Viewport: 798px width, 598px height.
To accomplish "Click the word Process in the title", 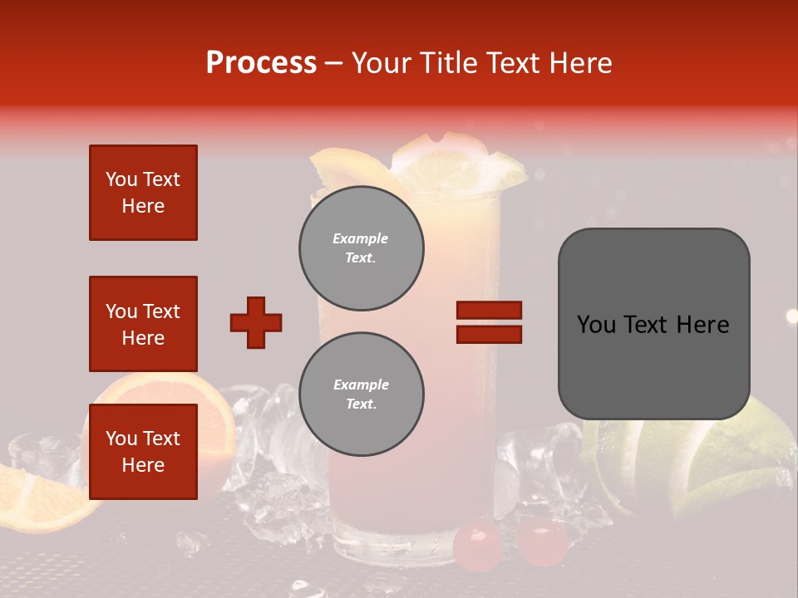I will point(261,63).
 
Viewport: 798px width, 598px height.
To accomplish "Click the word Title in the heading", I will point(446,63).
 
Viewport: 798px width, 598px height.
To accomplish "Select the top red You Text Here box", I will point(143,193).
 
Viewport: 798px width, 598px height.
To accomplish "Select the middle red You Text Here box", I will point(143,324).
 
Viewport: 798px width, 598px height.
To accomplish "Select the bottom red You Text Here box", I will point(143,452).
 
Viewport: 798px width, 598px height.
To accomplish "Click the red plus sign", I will point(256,322).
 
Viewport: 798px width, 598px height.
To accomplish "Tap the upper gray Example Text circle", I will point(362,248).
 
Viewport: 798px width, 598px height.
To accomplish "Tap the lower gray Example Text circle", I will point(362,394).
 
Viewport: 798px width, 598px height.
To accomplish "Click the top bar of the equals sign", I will point(489,311).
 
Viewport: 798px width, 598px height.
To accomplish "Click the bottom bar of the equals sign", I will point(489,334).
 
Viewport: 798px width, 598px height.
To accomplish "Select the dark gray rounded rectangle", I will point(653,324).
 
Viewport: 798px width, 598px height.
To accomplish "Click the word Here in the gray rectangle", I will point(702,325).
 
